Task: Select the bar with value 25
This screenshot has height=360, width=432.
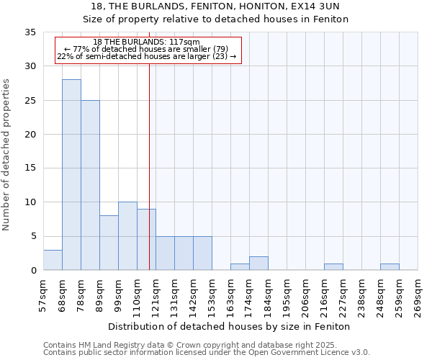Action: (90, 185)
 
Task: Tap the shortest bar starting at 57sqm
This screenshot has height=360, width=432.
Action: (53, 260)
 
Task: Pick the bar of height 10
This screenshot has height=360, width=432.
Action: (127, 236)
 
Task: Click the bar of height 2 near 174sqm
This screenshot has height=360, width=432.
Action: (258, 264)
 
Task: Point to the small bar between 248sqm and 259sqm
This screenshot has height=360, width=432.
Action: (390, 267)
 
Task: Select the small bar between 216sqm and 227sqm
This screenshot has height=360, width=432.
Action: (333, 267)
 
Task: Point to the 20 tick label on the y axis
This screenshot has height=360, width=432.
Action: (30, 135)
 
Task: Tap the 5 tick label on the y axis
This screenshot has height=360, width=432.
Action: (33, 237)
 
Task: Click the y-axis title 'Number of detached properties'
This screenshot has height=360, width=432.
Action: (7, 155)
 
